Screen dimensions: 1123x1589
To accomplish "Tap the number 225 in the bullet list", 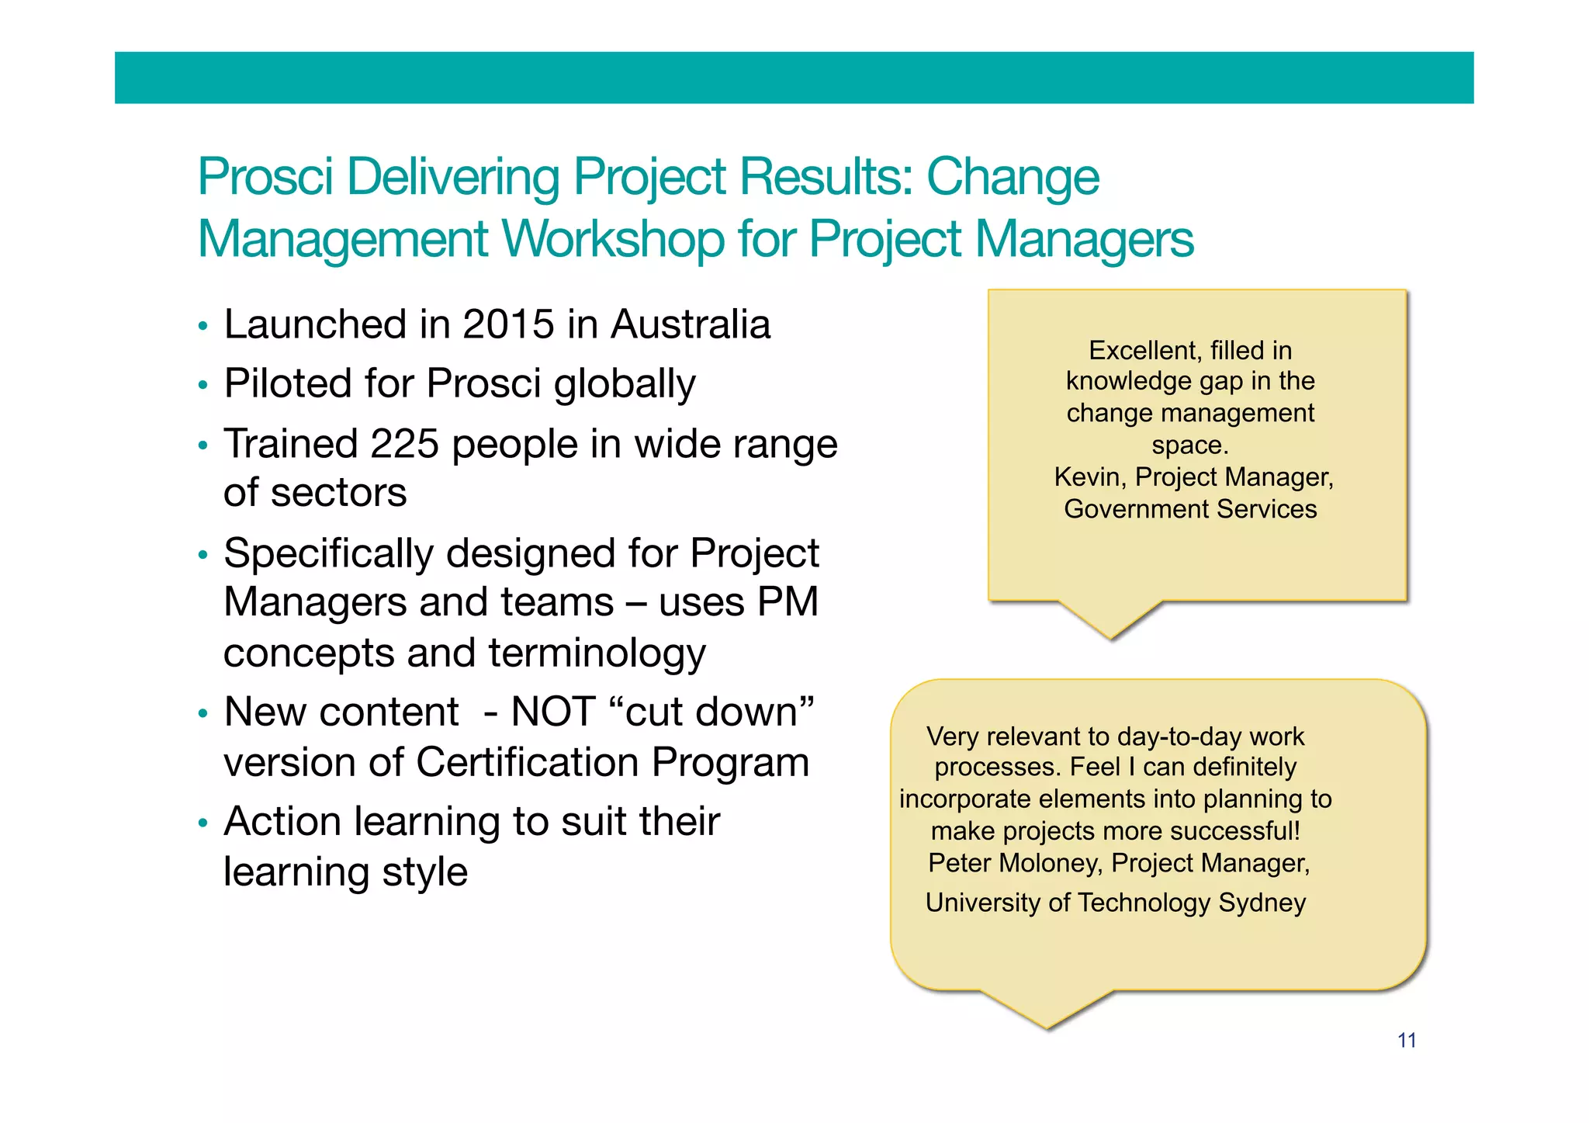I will coord(404,444).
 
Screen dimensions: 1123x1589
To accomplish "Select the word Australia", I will coord(690,324).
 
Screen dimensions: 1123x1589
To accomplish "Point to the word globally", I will coord(625,384).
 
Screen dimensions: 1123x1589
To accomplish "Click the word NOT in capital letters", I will coord(553,712).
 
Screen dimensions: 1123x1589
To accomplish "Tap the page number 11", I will coord(1407,1041).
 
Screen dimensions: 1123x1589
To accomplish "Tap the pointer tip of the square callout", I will coord(1111,637).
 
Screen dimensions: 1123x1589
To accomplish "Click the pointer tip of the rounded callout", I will coord(1047,1027).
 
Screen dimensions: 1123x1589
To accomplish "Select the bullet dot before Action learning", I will coord(203,823).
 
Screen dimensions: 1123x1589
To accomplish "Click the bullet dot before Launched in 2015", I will coord(203,326).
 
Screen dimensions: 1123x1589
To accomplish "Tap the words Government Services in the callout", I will coord(1190,509).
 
